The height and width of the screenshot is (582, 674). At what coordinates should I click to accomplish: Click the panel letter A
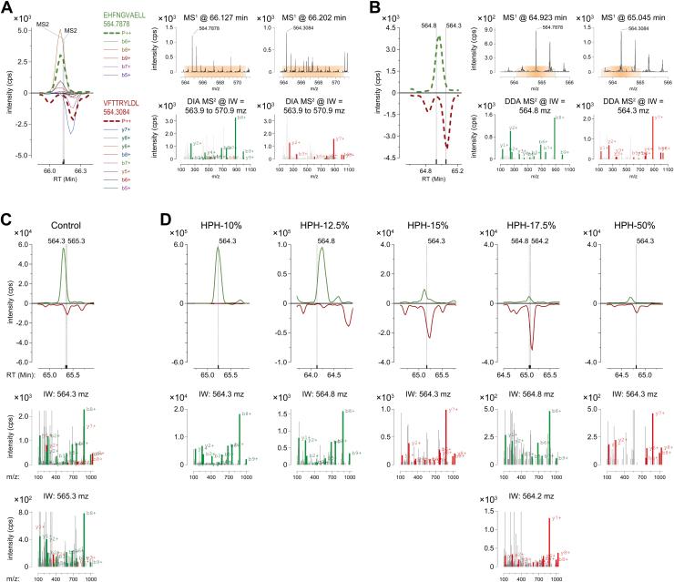[x=7, y=7]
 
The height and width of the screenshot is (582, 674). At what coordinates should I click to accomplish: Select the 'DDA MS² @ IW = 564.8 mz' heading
[x=534, y=105]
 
